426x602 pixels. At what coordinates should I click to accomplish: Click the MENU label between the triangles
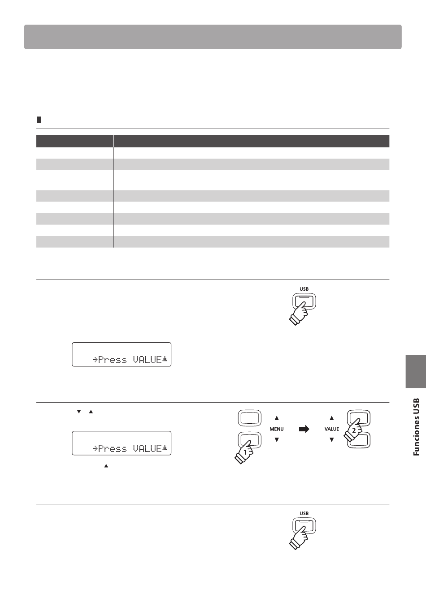pos(276,429)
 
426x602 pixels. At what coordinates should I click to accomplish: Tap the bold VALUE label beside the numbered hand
pos(331,429)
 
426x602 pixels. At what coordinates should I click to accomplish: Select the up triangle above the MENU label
pos(277,418)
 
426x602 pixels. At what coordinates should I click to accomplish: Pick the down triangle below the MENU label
pos(277,440)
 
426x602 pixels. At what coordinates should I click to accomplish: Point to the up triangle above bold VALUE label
pos(332,418)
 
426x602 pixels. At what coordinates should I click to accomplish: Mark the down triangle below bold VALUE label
pos(332,440)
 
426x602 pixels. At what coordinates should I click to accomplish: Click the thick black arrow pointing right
pos(304,429)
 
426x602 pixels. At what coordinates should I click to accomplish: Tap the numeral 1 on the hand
pos(245,452)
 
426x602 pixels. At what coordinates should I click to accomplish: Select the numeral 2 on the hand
pos(354,430)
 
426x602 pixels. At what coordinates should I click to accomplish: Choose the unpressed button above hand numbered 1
pos(250,418)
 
